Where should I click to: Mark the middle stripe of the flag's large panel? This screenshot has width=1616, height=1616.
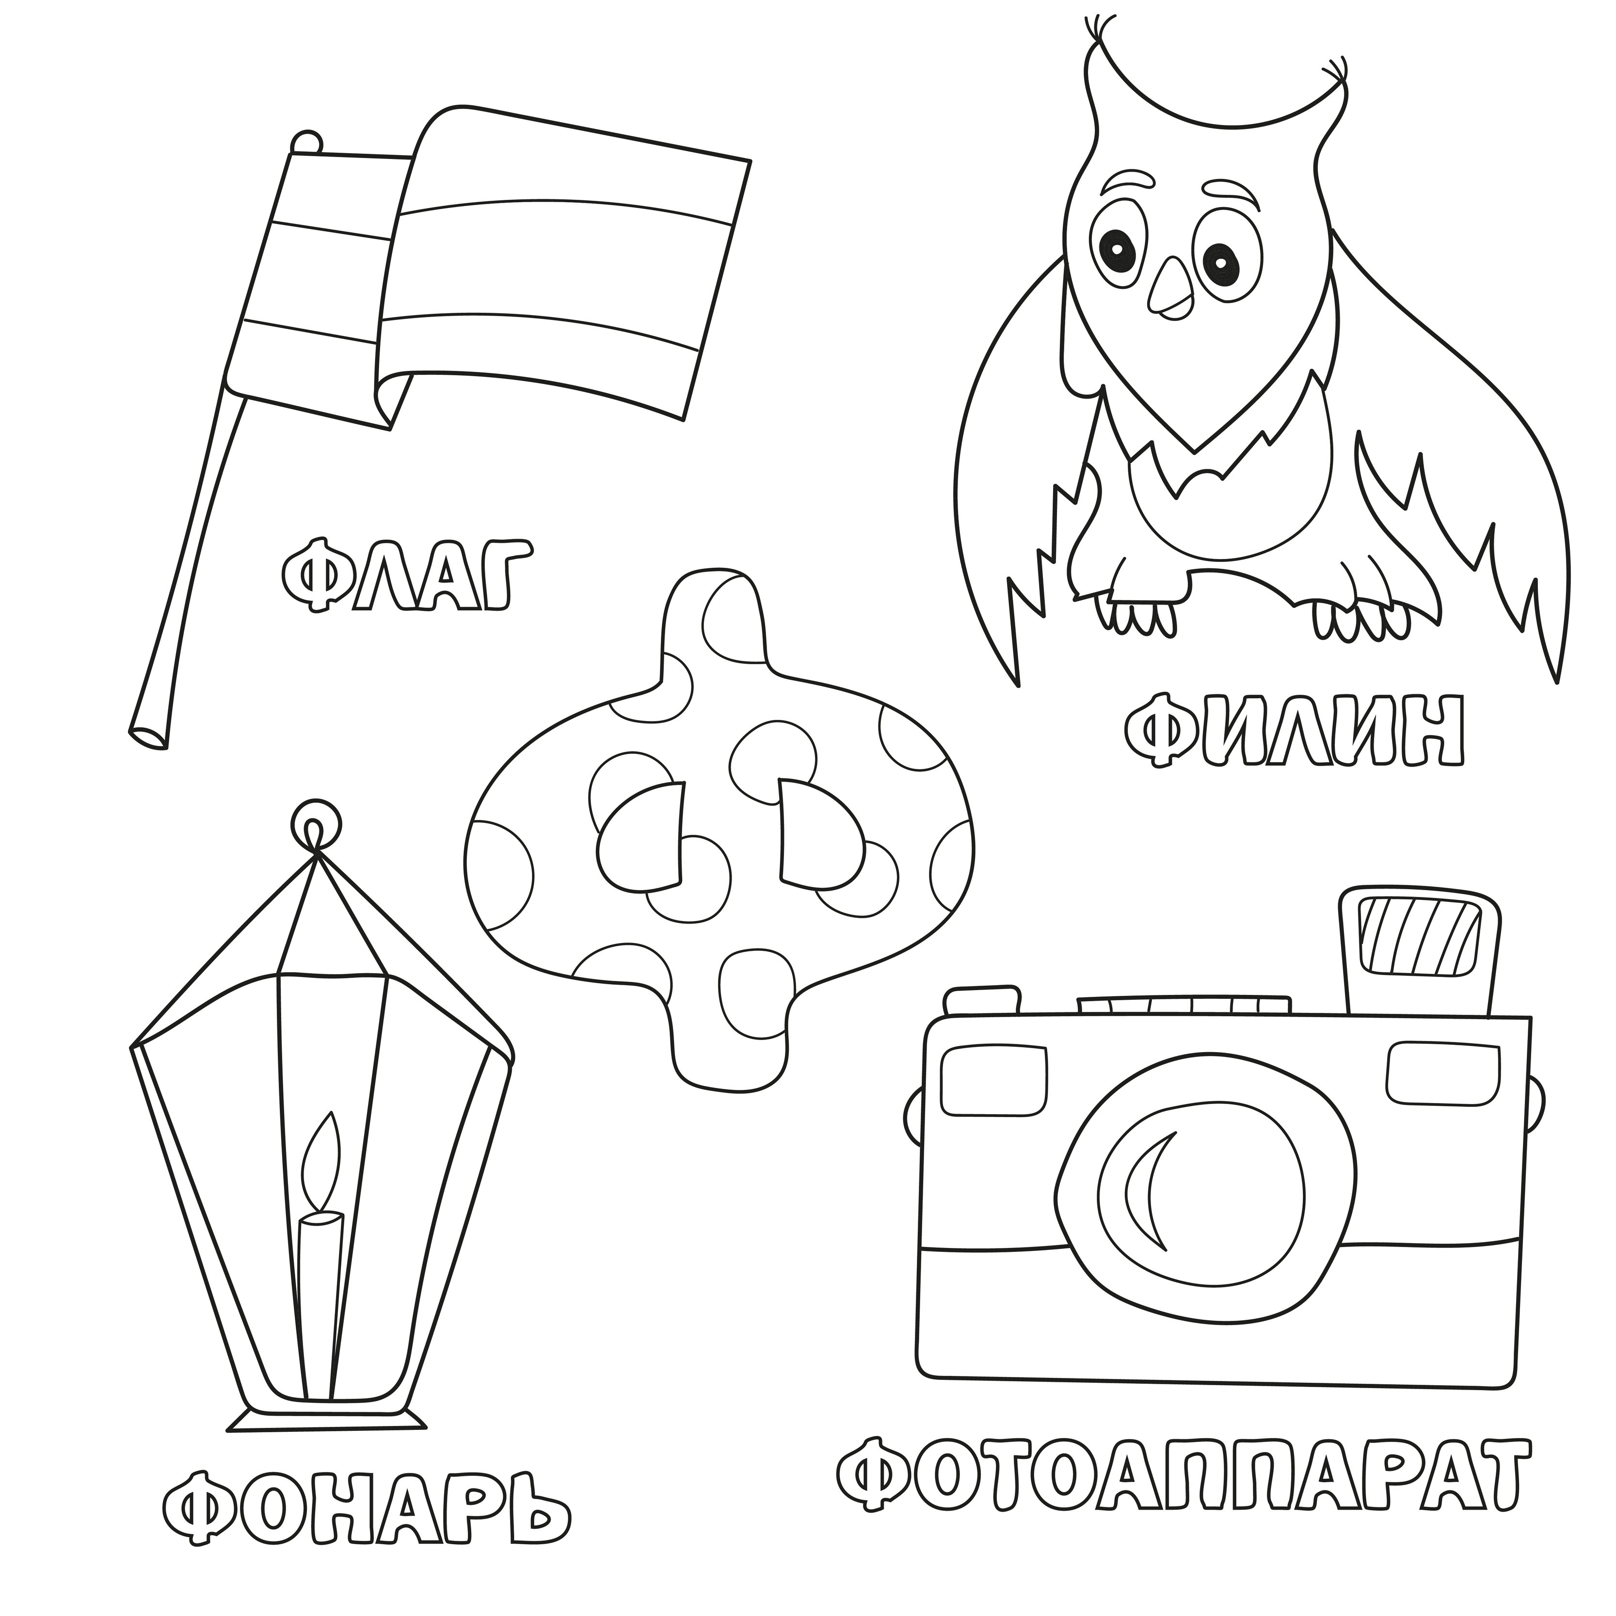pyautogui.click(x=552, y=261)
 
